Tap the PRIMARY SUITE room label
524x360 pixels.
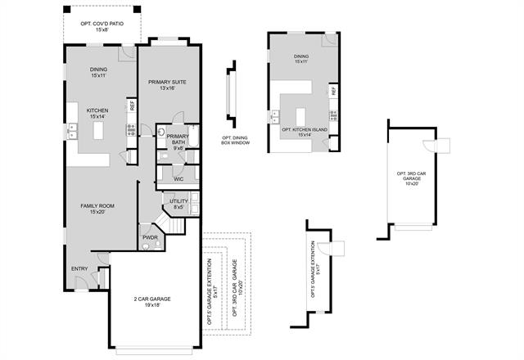[x=169, y=83]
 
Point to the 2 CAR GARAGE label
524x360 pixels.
[x=151, y=300]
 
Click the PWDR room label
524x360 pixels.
[x=151, y=237]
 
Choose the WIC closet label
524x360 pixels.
[x=178, y=178]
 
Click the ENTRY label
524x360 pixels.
[x=79, y=269]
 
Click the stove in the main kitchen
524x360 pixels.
[x=130, y=128]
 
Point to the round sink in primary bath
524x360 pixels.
[x=162, y=133]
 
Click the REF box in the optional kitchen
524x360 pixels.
[x=333, y=91]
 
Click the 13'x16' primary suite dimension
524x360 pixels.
[x=169, y=89]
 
